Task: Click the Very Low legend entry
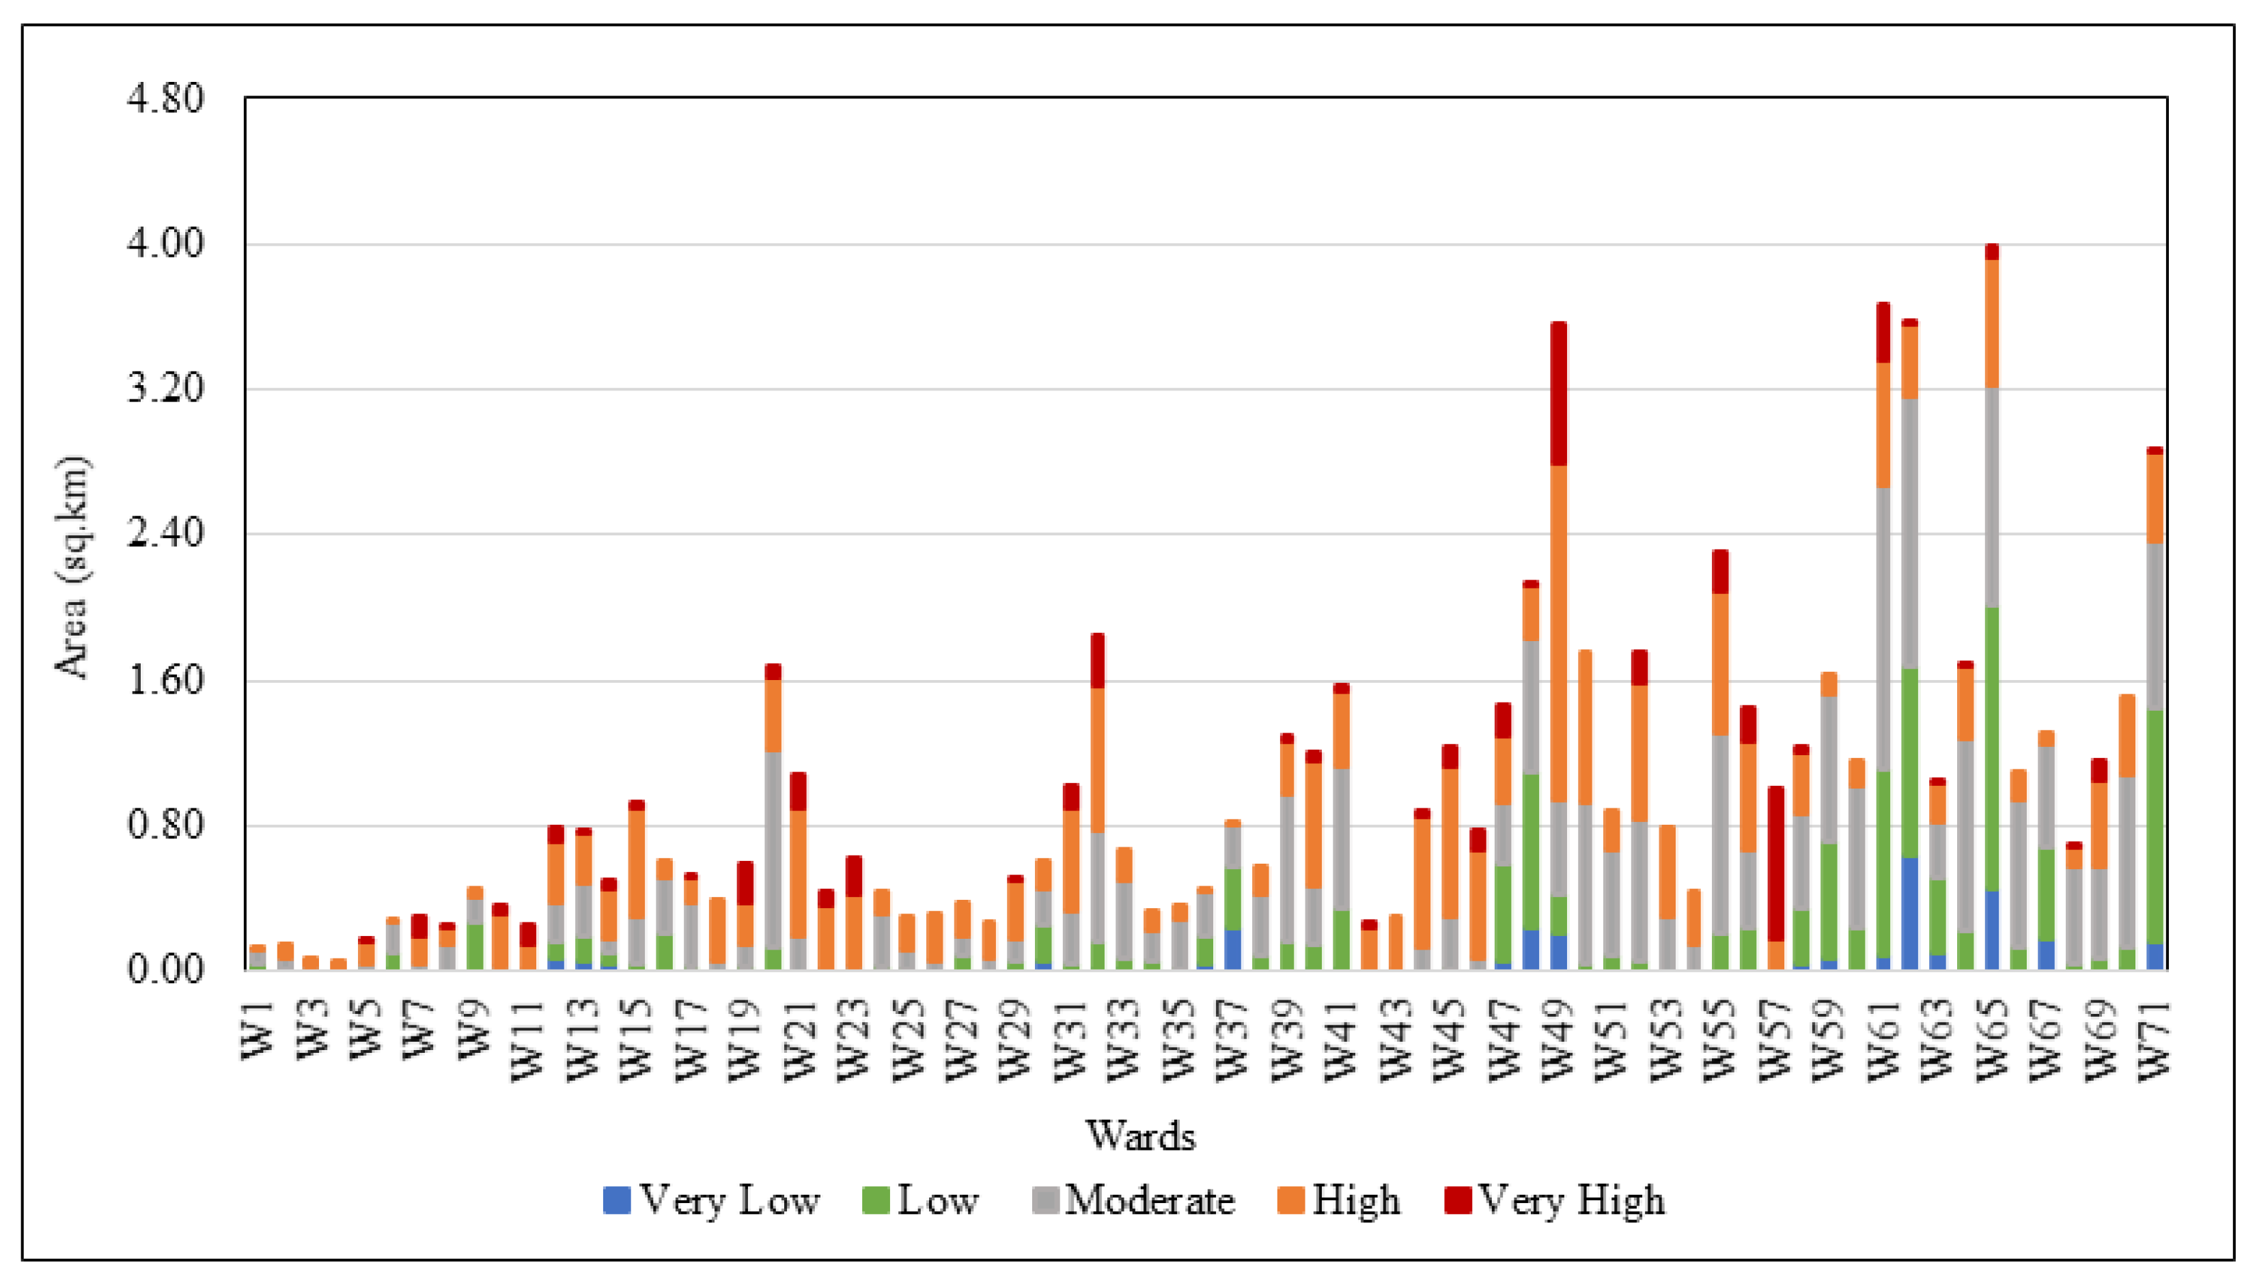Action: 712,1200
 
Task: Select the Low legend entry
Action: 922,1200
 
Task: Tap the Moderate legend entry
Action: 1134,1200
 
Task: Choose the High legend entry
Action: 1340,1200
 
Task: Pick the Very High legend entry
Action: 1555,1200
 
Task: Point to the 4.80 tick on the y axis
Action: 165,98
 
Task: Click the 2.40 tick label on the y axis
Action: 165,534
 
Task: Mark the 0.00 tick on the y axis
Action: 165,970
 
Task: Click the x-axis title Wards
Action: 1140,1135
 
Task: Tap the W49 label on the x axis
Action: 1557,1041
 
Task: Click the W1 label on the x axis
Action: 258,1032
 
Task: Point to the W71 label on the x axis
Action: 2155,1041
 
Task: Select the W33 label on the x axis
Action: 1124,1041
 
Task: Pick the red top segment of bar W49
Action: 1558,393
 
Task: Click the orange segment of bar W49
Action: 1558,633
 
